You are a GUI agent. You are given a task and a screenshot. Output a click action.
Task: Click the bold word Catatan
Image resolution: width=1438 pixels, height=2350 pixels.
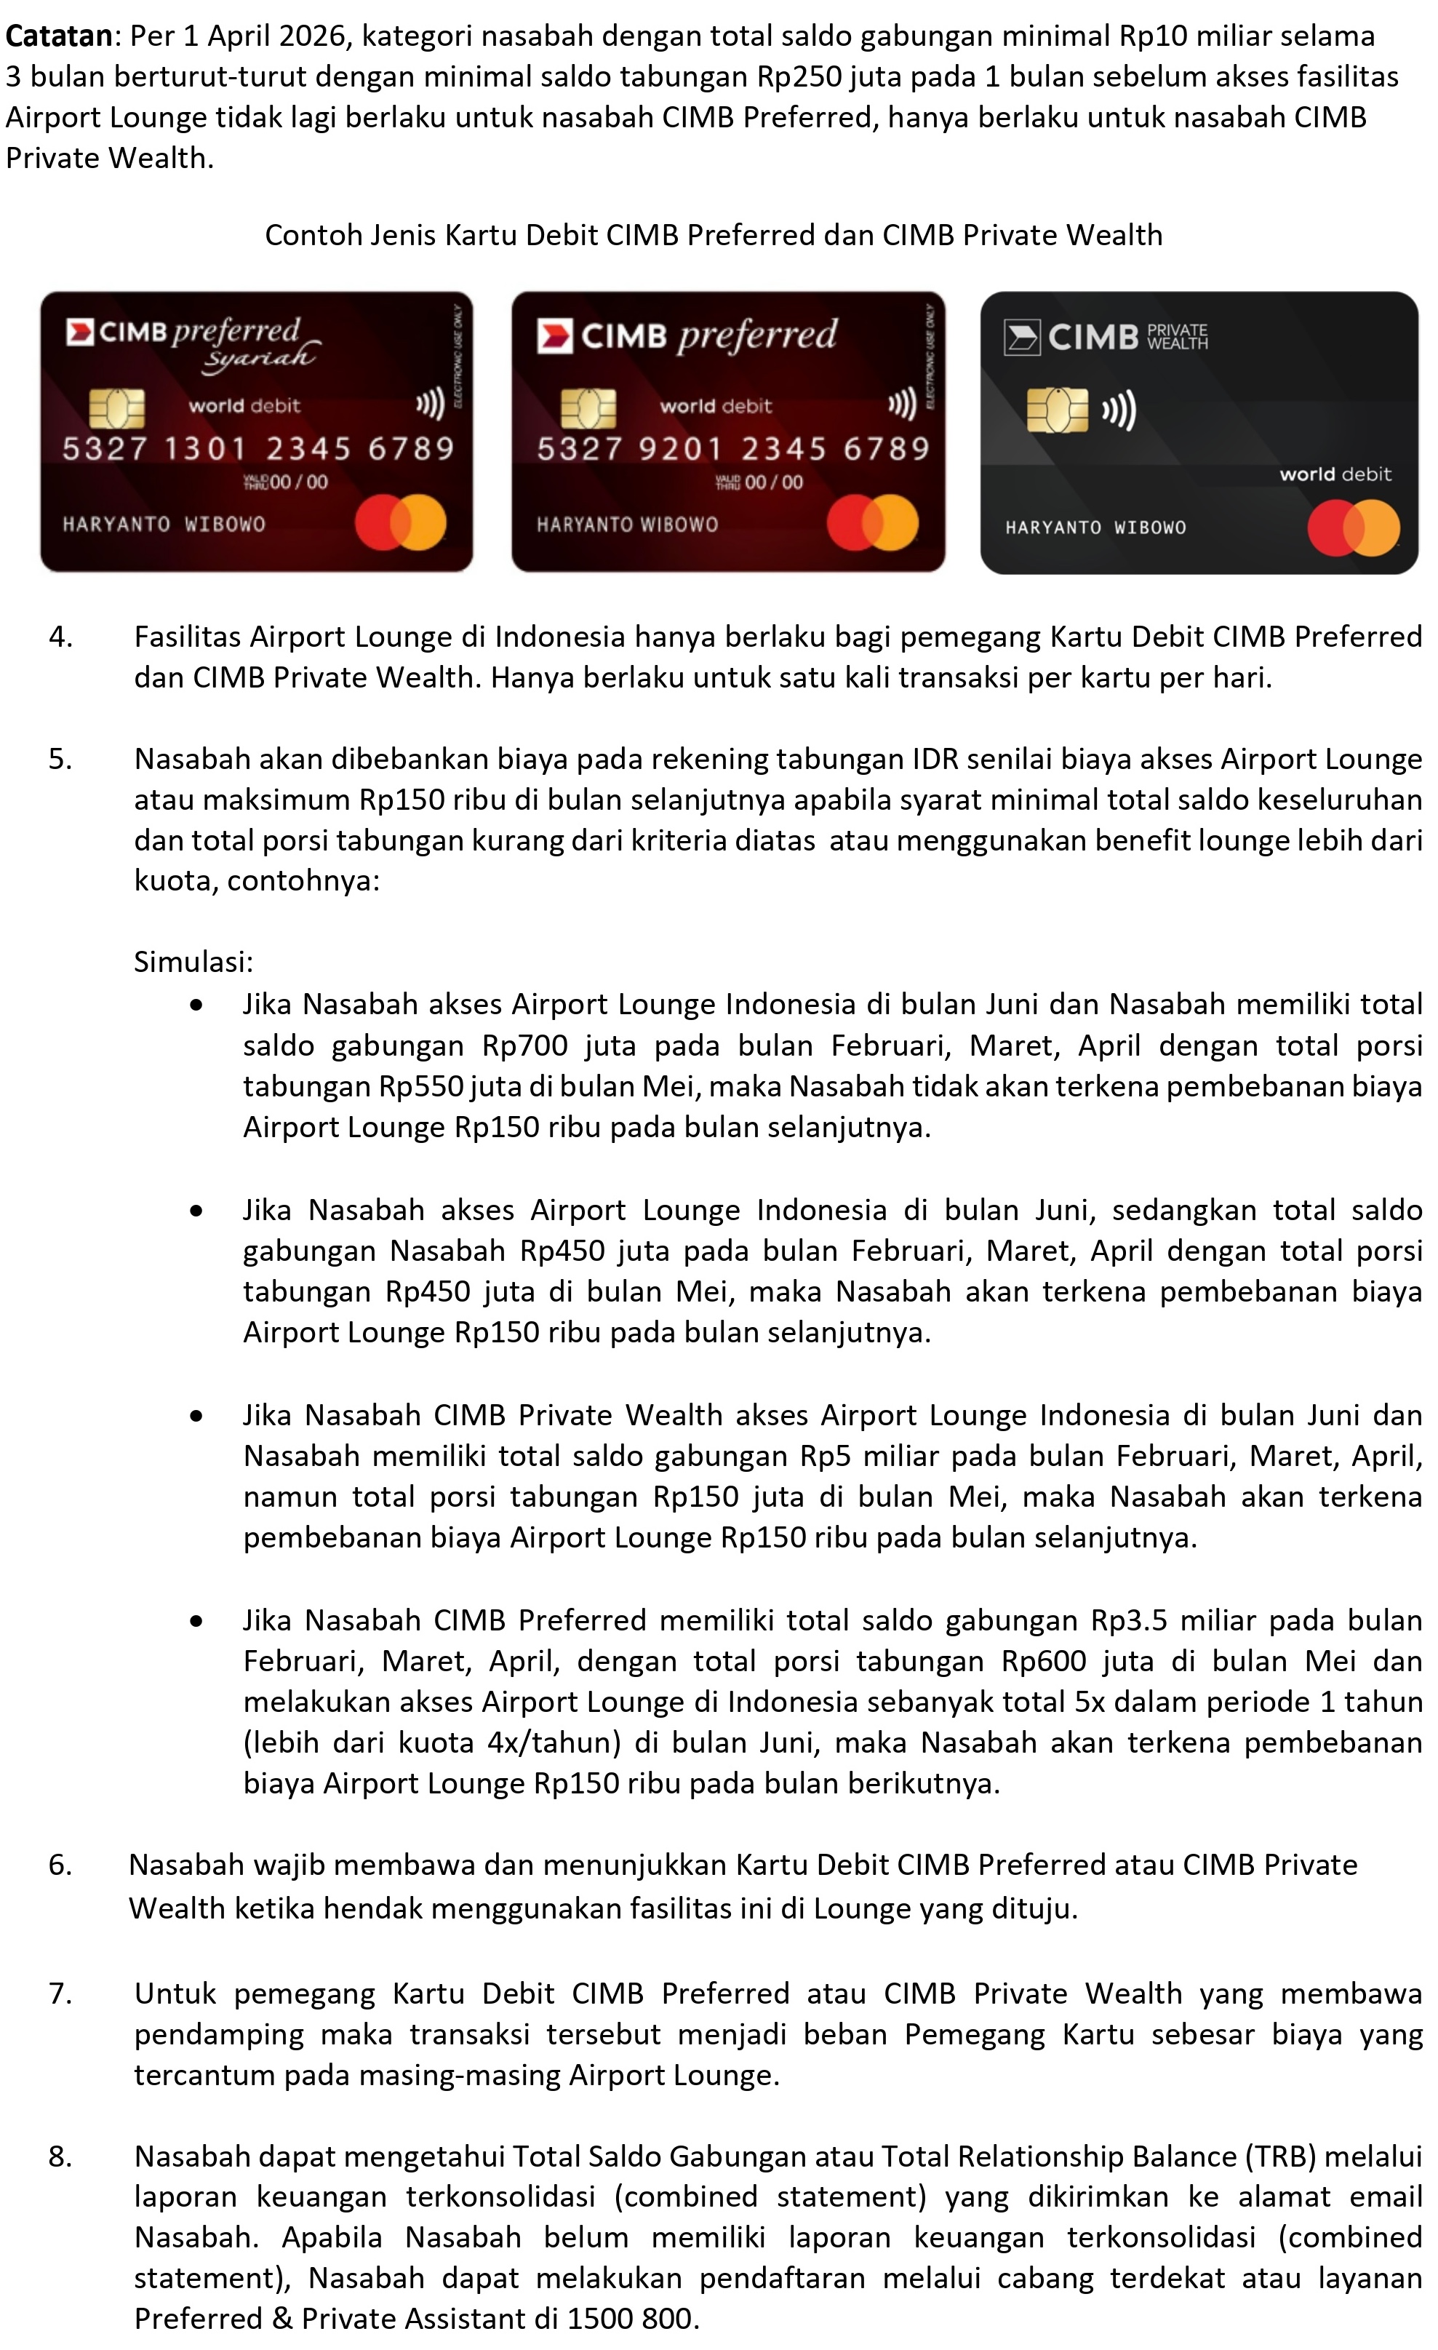(x=59, y=36)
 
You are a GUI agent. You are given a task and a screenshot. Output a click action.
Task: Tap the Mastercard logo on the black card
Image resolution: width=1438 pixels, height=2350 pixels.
(x=1353, y=527)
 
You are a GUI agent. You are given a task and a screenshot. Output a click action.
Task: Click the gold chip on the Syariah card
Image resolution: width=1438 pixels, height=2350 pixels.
(x=116, y=408)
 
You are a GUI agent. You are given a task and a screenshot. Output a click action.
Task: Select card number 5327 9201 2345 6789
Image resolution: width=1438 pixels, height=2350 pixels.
(x=732, y=448)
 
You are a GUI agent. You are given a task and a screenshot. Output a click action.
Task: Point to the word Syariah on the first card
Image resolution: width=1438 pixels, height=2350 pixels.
(x=258, y=357)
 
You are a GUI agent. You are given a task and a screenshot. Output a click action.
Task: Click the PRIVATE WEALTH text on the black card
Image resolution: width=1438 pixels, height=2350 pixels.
(x=1177, y=337)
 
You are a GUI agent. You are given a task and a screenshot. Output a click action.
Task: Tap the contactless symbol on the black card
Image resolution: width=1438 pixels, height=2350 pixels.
(x=1119, y=411)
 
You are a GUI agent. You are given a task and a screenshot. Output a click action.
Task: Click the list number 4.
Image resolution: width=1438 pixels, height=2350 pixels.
(x=60, y=637)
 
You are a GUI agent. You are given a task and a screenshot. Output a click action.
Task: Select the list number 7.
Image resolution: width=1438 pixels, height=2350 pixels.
(x=60, y=1993)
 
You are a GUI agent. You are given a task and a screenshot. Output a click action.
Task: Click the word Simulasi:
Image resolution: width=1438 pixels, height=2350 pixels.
(x=193, y=961)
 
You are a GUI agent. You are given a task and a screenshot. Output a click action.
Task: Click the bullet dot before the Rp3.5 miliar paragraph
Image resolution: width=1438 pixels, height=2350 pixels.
(x=196, y=1621)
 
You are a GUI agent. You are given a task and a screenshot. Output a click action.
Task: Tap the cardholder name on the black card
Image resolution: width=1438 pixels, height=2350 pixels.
(x=1095, y=527)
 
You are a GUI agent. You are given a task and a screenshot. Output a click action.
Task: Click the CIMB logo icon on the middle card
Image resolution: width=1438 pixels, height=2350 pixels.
(x=554, y=335)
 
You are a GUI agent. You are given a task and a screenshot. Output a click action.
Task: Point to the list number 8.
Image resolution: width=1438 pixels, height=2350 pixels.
(x=60, y=2156)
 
